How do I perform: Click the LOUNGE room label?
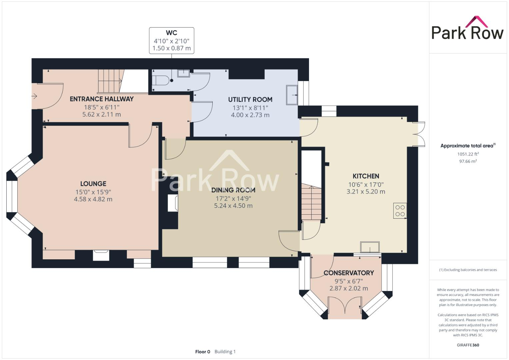(x=93, y=184)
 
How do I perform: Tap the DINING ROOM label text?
(x=233, y=190)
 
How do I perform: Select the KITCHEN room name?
(x=366, y=176)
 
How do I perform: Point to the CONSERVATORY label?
(x=349, y=273)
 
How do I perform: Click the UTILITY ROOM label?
(x=250, y=100)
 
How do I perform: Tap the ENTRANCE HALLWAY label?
(x=102, y=99)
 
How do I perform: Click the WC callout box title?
(x=172, y=33)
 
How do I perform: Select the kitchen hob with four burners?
(x=400, y=211)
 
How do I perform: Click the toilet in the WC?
(x=160, y=80)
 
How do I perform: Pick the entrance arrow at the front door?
(x=34, y=96)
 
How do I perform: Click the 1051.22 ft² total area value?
(x=468, y=154)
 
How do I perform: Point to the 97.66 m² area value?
(x=468, y=161)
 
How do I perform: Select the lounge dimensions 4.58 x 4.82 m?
(x=93, y=199)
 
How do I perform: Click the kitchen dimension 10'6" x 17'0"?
(x=366, y=185)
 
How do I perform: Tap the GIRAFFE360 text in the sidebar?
(x=468, y=345)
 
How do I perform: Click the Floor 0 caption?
(x=203, y=352)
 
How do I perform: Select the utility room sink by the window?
(x=292, y=95)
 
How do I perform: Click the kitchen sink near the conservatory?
(x=370, y=247)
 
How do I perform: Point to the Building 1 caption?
(x=225, y=352)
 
